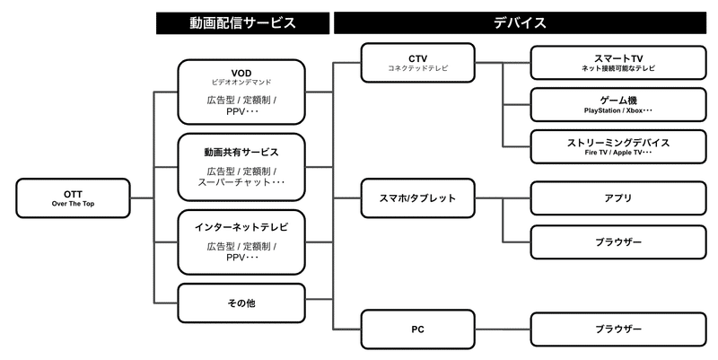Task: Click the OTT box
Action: click(x=73, y=198)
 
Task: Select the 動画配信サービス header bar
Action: click(x=242, y=23)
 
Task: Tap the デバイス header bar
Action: click(x=520, y=23)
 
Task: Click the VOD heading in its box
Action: click(x=241, y=74)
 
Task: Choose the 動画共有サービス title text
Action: click(x=241, y=152)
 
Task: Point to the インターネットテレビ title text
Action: click(x=241, y=227)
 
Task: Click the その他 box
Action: click(x=241, y=303)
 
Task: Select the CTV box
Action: click(x=417, y=63)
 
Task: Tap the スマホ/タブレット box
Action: click(x=417, y=198)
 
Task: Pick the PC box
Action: click(x=417, y=329)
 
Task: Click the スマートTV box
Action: click(x=618, y=63)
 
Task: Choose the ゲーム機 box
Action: click(x=618, y=104)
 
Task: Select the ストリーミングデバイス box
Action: click(x=618, y=146)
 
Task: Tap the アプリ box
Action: click(x=618, y=198)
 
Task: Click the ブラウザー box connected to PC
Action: click(x=618, y=329)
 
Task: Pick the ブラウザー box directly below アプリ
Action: click(x=618, y=241)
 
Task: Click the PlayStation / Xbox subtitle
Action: click(x=618, y=110)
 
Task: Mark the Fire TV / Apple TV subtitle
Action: click(x=618, y=153)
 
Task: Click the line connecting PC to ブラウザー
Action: click(x=503, y=329)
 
